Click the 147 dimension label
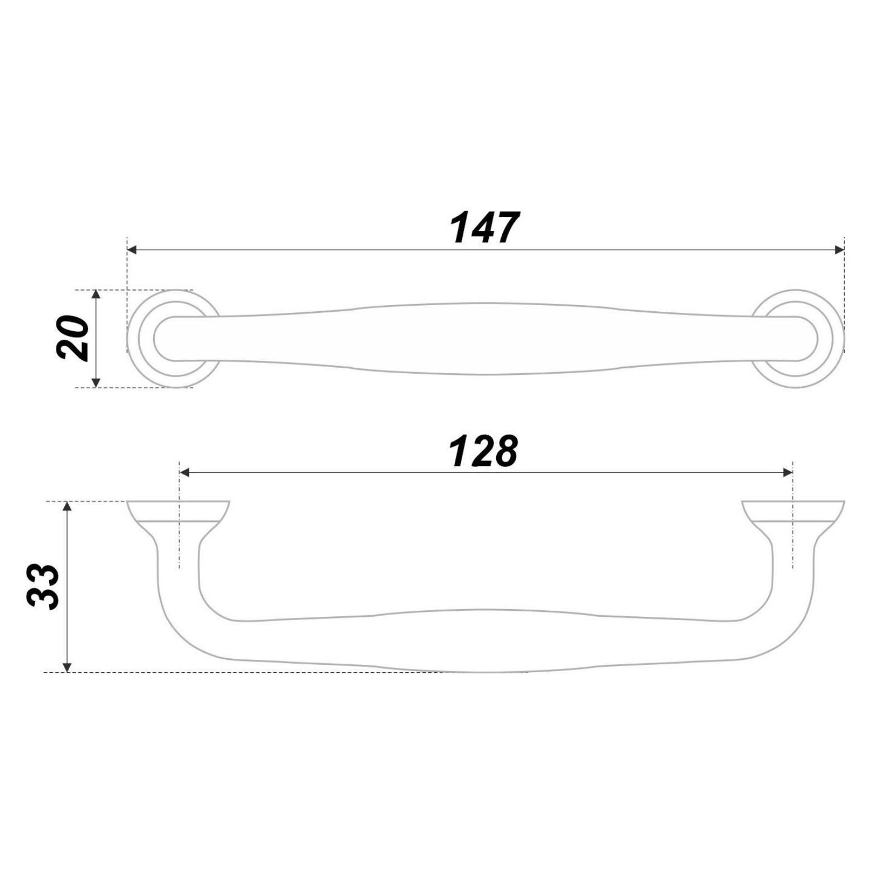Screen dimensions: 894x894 click(484, 228)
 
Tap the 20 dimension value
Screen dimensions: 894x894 click(73, 338)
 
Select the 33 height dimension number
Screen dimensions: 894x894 click(43, 586)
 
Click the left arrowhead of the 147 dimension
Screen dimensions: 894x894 click(132, 250)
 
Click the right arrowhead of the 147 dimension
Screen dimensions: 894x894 click(839, 250)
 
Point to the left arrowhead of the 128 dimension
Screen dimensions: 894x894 click(185, 473)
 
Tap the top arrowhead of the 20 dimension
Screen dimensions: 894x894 click(96, 295)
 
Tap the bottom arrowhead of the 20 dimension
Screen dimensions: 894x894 click(96, 382)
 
